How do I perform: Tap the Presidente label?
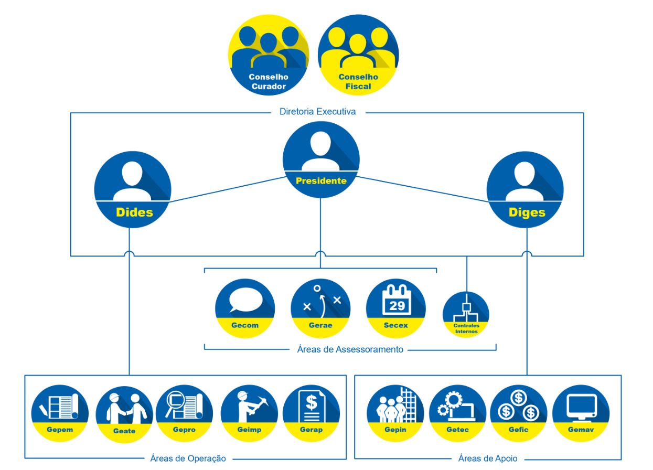321,181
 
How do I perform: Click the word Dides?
134,212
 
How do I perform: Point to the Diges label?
527,212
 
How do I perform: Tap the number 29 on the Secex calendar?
396,305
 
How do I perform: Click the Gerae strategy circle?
320,308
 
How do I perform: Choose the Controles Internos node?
466,314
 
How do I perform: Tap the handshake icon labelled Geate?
124,408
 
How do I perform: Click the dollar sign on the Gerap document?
312,403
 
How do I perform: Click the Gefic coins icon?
518,406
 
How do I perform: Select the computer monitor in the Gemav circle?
581,406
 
